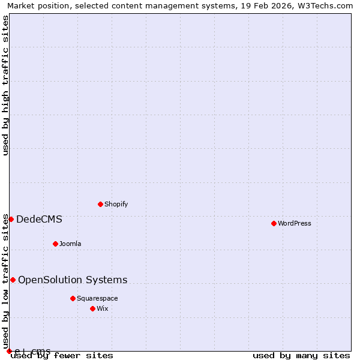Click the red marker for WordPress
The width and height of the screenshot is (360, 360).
(274, 223)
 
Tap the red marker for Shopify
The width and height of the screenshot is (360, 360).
(100, 204)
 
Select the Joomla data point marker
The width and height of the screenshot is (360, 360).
(55, 244)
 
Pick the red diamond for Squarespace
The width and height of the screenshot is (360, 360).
(73, 298)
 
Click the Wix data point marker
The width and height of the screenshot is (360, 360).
(92, 308)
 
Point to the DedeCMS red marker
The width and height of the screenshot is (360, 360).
(11, 219)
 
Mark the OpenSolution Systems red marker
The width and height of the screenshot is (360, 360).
(13, 280)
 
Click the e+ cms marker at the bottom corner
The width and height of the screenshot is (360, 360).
(9, 351)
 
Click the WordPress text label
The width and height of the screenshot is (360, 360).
(294, 223)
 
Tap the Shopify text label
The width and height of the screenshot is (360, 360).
(116, 204)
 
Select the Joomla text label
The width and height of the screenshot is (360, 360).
(70, 244)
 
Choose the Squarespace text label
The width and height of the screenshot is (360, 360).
(97, 298)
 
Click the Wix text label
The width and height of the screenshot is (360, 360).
(103, 308)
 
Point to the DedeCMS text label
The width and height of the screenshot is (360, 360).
(39, 219)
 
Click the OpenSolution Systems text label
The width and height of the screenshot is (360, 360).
(73, 280)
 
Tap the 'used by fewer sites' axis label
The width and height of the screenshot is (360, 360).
(62, 355)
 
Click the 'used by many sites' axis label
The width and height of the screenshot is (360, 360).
(301, 355)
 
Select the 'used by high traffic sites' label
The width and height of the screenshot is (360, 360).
(5, 85)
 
